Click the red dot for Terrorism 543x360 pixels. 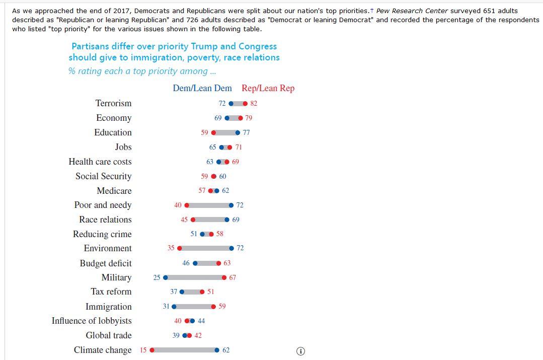[x=245, y=104]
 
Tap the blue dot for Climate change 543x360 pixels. [x=217, y=350]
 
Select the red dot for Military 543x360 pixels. [x=224, y=277]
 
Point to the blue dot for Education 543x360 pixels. [x=238, y=133]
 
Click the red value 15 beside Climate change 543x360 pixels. [x=143, y=350]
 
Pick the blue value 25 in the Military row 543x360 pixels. [x=157, y=277]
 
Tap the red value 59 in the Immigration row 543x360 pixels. [x=222, y=306]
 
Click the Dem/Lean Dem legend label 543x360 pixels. [x=202, y=88]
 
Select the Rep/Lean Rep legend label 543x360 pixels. [x=268, y=88]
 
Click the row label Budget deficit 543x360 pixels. [x=106, y=263]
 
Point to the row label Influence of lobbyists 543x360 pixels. [x=92, y=321]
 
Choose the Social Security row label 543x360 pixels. [x=103, y=176]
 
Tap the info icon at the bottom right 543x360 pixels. [x=300, y=351]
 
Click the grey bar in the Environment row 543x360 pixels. [x=205, y=248]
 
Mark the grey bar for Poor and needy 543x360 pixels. [x=209, y=205]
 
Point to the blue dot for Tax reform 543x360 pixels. [x=182, y=292]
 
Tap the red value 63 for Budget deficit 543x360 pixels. [x=227, y=263]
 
